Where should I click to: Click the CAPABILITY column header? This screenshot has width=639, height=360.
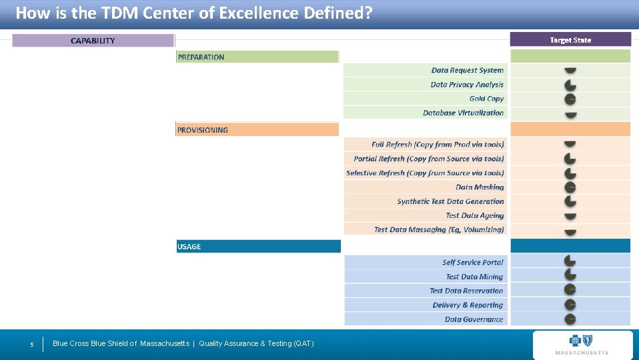pyautogui.click(x=93, y=41)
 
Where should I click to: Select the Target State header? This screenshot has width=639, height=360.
pyautogui.click(x=570, y=40)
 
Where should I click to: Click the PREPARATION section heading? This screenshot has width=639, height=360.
pyautogui.click(x=201, y=57)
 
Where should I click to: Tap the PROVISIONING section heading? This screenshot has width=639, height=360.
pyautogui.click(x=203, y=130)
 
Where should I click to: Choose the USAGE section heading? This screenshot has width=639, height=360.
pyautogui.click(x=189, y=247)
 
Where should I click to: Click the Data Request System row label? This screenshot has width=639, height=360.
pyautogui.click(x=467, y=70)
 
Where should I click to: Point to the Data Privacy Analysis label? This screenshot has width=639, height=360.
pyautogui.click(x=467, y=85)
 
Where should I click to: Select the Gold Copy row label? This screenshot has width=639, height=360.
pyautogui.click(x=486, y=99)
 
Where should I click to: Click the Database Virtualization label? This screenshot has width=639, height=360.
pyautogui.click(x=463, y=113)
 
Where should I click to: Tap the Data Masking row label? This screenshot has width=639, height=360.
pyautogui.click(x=480, y=187)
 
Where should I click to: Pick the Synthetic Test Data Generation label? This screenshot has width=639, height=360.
pyautogui.click(x=450, y=201)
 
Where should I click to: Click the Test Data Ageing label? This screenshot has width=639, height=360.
pyautogui.click(x=474, y=215)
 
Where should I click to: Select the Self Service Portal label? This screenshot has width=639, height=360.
pyautogui.click(x=472, y=263)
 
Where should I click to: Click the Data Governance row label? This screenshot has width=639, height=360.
pyautogui.click(x=474, y=319)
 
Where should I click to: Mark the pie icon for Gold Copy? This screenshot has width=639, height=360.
pyautogui.click(x=570, y=99)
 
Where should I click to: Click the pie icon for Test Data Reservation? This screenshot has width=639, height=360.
pyautogui.click(x=570, y=290)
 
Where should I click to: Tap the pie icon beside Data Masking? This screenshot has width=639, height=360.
pyautogui.click(x=570, y=187)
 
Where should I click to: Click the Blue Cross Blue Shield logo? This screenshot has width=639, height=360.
pyautogui.click(x=582, y=344)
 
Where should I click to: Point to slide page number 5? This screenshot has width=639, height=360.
pyautogui.click(x=31, y=345)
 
